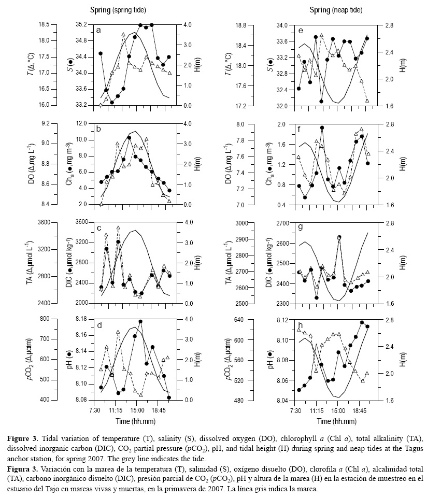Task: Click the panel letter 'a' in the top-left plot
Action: [98, 31]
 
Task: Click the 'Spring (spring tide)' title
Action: [118, 9]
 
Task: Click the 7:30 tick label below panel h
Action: [295, 410]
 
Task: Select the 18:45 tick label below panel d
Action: [159, 410]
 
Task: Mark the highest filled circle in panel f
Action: [322, 127]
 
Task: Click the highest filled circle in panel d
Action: [140, 322]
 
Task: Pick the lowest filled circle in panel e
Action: [321, 102]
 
